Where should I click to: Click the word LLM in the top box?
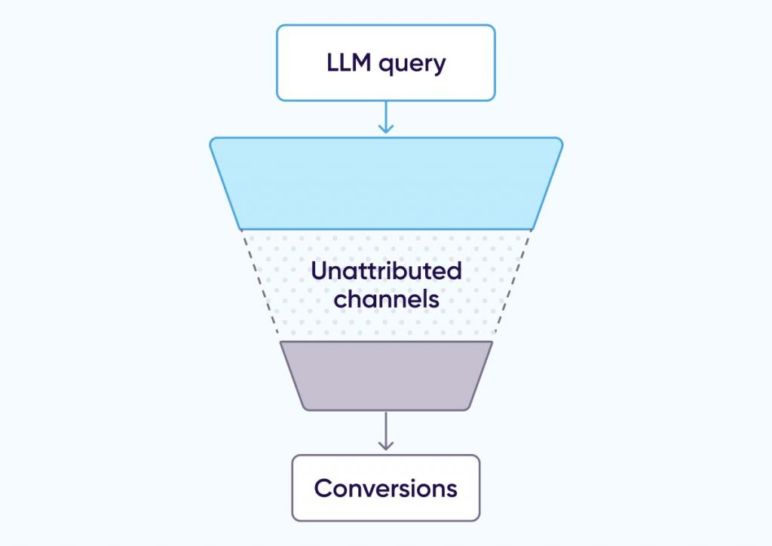(x=350, y=63)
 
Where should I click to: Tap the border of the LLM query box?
(x=277, y=63)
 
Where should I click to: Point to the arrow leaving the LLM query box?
(x=386, y=119)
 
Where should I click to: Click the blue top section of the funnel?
(x=386, y=183)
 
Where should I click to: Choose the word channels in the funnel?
(x=386, y=299)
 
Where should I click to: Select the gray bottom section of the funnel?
(x=386, y=376)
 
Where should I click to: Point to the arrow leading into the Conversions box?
(x=386, y=434)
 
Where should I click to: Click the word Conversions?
(x=386, y=488)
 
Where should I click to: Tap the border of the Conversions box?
(x=293, y=488)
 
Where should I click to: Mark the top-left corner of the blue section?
(x=213, y=140)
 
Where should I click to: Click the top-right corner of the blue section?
(x=559, y=140)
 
